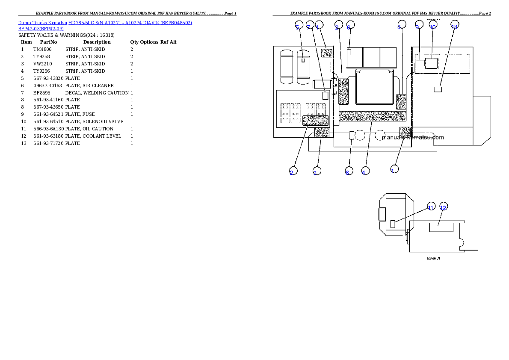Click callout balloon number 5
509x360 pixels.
click(x=298, y=26)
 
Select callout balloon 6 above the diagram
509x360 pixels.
click(x=350, y=26)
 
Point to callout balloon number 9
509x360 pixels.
click(x=418, y=26)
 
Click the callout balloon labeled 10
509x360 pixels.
click(x=432, y=26)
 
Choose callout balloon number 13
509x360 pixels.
click(x=455, y=25)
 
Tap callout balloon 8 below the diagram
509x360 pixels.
click(x=348, y=171)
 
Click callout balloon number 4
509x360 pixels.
click(x=364, y=171)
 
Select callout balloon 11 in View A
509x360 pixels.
click(x=431, y=207)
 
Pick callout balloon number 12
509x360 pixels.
click(x=444, y=207)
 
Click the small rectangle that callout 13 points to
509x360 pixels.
click(x=438, y=89)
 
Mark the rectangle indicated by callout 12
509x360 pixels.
click(x=441, y=227)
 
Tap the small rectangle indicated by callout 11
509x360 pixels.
click(x=393, y=224)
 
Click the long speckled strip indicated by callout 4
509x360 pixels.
click(x=372, y=116)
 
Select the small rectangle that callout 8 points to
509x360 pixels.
click(x=352, y=136)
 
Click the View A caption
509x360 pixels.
click(x=433, y=258)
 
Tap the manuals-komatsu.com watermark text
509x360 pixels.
click(x=413, y=138)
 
